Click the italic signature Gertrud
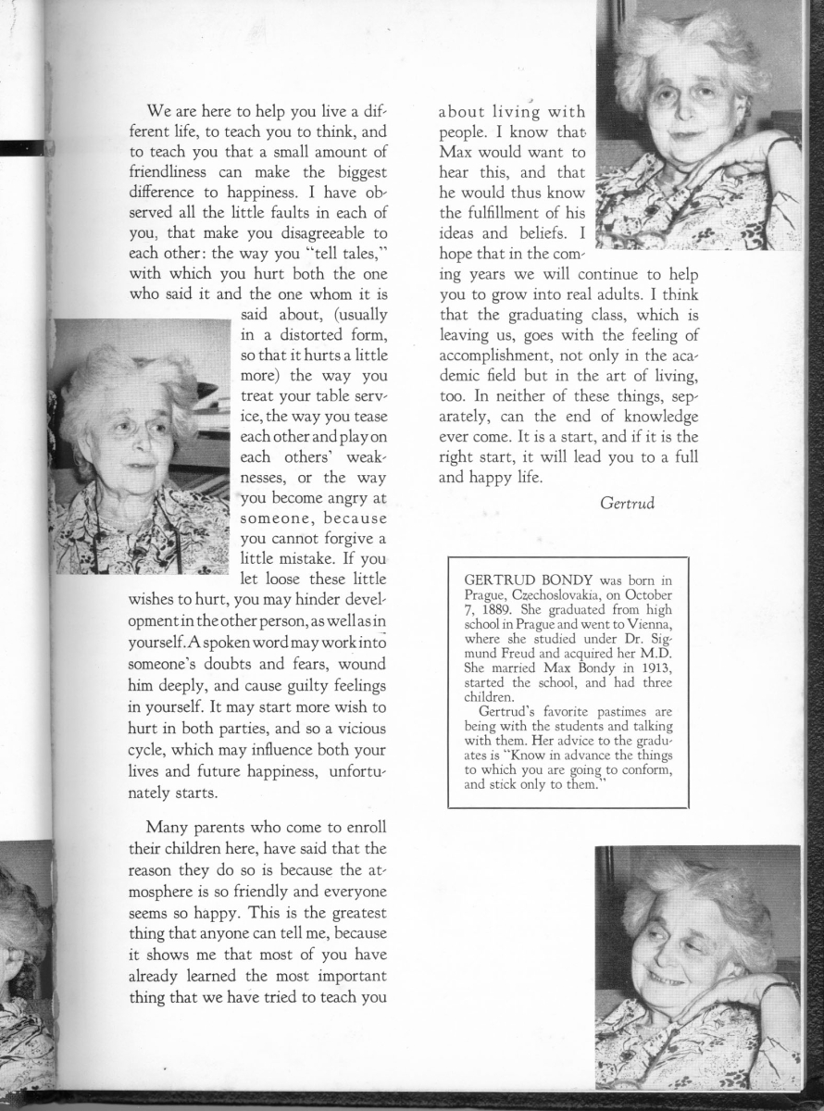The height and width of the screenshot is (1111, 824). [x=627, y=504]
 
